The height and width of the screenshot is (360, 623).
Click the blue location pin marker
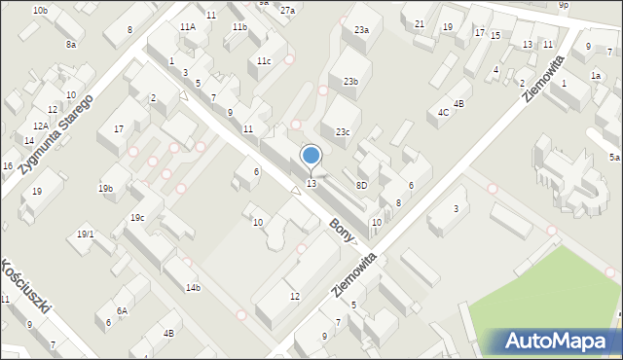click(x=311, y=156)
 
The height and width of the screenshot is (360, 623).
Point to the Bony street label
click(x=341, y=230)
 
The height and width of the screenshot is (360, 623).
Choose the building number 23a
click(x=361, y=30)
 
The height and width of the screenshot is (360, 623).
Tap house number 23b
click(x=349, y=82)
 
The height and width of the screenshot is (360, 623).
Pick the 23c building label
click(x=343, y=131)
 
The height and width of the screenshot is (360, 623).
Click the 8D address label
click(x=361, y=184)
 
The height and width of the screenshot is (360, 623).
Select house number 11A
click(x=188, y=27)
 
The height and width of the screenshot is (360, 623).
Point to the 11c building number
click(x=264, y=61)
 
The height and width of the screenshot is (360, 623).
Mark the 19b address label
click(x=105, y=188)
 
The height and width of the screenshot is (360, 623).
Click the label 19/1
click(x=86, y=234)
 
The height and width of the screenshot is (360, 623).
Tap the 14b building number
click(x=194, y=287)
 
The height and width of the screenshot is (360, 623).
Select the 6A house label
click(x=122, y=311)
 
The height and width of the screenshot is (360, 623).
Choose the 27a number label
click(x=287, y=11)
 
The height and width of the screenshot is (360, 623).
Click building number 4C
click(x=443, y=113)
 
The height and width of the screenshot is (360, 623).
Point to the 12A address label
click(x=40, y=126)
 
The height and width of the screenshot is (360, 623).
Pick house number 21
click(x=420, y=23)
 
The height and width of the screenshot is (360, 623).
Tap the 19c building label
click(x=137, y=217)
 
